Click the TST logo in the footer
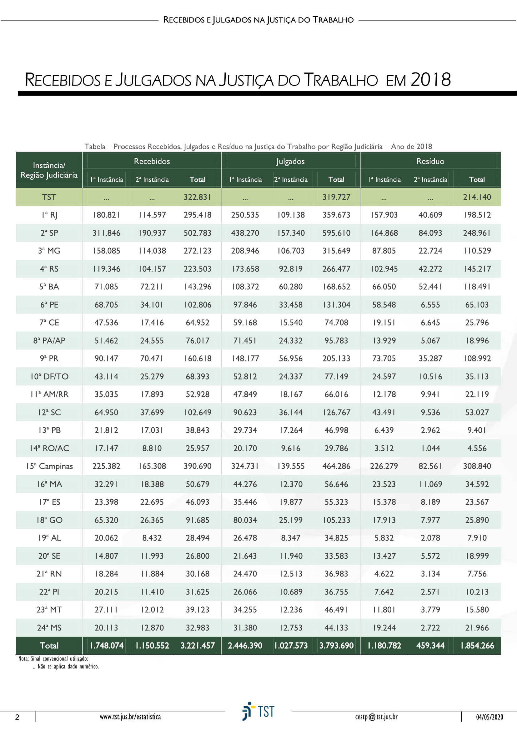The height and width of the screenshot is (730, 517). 258,711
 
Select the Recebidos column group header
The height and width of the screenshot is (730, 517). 152,161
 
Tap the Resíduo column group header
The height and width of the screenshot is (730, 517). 430,161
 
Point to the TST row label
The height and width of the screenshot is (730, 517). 49,197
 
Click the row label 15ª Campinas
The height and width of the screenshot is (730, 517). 49,466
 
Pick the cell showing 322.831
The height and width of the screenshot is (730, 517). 197,197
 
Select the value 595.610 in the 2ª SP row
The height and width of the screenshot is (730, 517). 336,233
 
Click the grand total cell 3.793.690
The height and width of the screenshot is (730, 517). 336,645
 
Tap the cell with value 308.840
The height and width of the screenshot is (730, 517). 477,466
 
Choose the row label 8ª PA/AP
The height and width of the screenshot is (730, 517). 49,341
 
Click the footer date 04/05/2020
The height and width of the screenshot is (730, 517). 489,717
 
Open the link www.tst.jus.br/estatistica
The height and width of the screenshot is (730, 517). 130,717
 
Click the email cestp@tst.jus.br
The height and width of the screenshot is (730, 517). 376,717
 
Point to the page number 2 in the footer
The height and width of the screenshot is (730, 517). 17,717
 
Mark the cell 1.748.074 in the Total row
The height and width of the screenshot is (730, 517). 107,645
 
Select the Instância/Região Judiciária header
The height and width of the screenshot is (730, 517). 49,170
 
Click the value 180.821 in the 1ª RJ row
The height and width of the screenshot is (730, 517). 106,215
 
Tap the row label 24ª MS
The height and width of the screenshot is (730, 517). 49,628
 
